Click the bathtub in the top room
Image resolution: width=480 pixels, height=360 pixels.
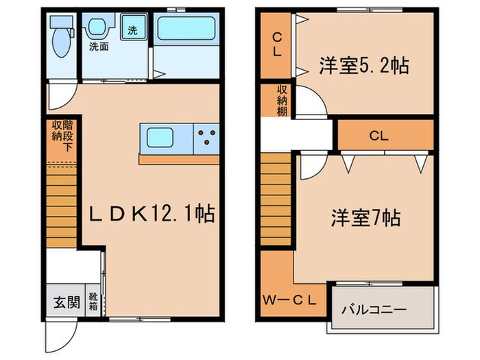pos(187,29)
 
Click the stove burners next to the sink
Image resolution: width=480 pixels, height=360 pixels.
pos(206,137)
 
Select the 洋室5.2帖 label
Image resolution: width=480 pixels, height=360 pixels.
pos(363,66)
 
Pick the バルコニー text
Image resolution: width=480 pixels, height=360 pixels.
pos(374,309)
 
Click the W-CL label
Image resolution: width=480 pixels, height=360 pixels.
pos(289,299)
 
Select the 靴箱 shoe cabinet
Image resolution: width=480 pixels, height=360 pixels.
pos(93,301)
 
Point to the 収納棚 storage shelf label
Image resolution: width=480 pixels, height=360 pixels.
pos(282,101)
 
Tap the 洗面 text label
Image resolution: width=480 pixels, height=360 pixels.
pos(98,47)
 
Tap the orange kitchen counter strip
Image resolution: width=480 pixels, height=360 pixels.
pos(178,159)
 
